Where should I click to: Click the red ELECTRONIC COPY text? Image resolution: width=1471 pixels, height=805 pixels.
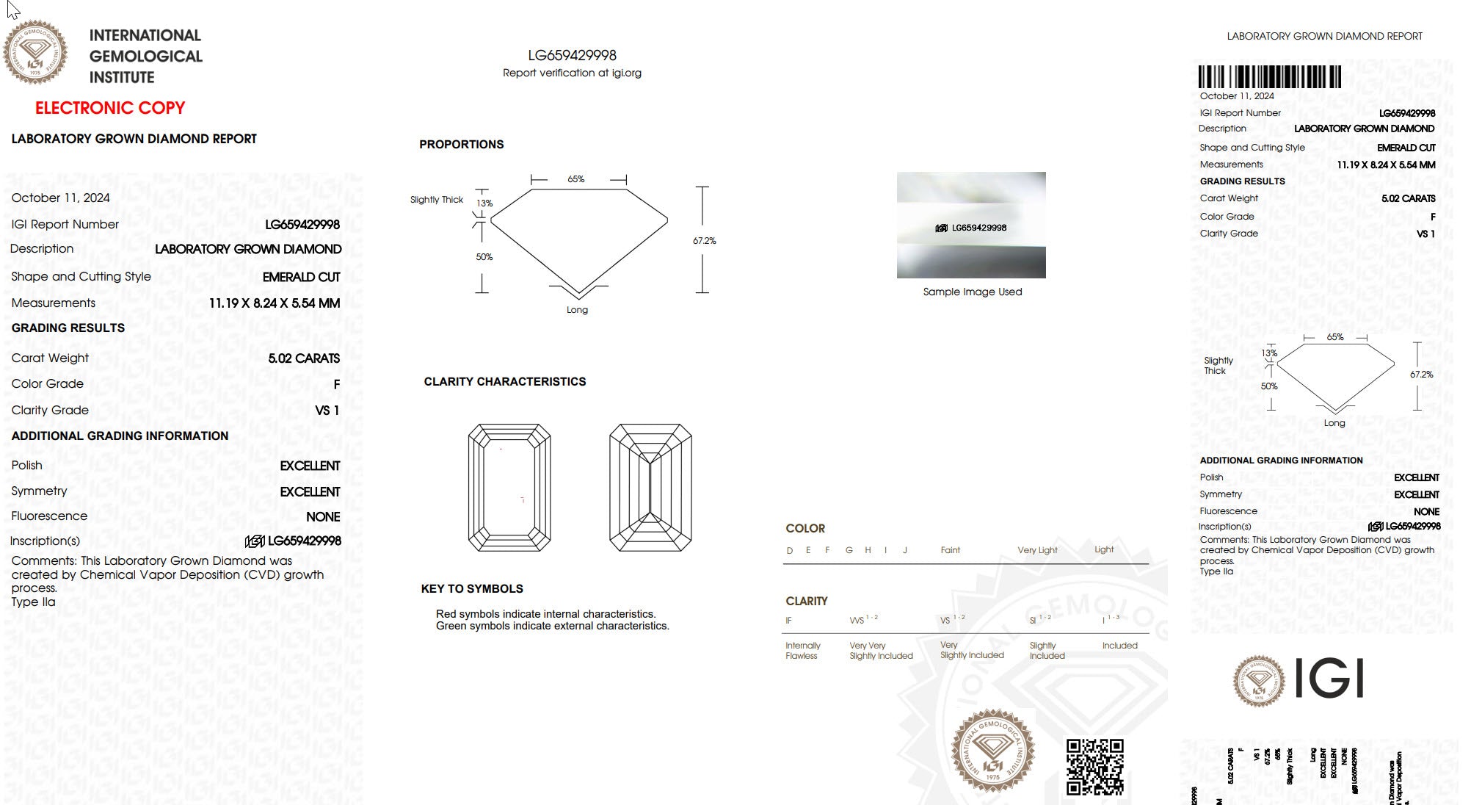click(x=110, y=108)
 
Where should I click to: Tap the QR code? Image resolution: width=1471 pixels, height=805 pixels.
click(x=1094, y=767)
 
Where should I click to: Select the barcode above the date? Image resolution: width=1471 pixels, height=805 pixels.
click(x=1269, y=77)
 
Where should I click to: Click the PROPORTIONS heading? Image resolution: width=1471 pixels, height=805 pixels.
click(x=462, y=145)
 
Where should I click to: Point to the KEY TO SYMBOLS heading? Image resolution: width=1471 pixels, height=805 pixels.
click(x=472, y=589)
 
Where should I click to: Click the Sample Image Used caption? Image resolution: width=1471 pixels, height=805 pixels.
click(x=972, y=292)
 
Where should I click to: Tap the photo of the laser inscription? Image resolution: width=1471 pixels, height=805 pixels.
click(x=971, y=225)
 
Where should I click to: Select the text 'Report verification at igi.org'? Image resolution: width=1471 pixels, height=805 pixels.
click(x=572, y=73)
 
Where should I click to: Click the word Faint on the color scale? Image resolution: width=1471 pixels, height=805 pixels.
click(x=950, y=550)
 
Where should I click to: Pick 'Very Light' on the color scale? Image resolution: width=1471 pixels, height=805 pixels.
click(x=1037, y=550)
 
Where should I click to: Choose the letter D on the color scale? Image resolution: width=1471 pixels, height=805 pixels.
click(x=790, y=550)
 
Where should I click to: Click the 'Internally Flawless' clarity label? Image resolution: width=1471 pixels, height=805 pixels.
click(x=802, y=651)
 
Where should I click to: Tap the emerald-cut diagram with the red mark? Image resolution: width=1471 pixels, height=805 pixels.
click(x=509, y=487)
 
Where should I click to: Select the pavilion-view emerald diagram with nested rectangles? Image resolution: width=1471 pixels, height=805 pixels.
click(x=650, y=487)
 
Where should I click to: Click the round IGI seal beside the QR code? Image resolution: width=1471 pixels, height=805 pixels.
click(x=992, y=749)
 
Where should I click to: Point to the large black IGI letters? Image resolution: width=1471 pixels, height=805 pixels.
click(x=1329, y=678)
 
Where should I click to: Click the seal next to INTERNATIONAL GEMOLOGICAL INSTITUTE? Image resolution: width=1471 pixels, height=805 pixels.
click(x=34, y=51)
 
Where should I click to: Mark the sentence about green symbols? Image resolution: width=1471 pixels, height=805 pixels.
click(x=552, y=626)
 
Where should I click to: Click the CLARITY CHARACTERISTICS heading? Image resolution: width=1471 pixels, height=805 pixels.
click(x=505, y=382)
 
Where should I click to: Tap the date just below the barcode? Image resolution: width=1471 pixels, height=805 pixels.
click(x=1237, y=96)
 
